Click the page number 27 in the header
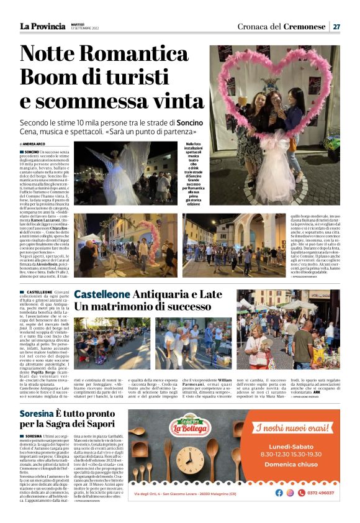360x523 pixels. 336,27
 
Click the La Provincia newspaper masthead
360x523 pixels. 42,26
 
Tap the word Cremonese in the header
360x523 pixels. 305,27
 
